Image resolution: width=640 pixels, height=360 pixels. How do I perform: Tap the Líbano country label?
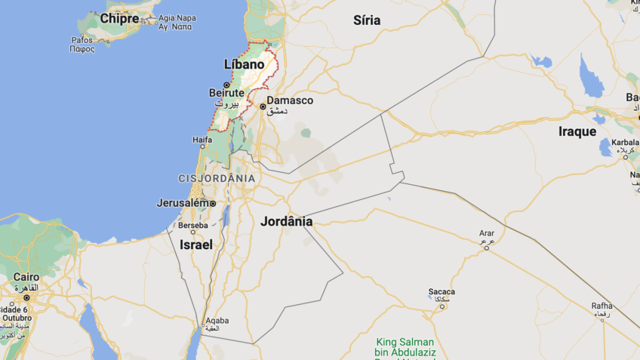[x=245, y=65]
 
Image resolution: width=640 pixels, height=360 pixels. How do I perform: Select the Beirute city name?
[x=226, y=93]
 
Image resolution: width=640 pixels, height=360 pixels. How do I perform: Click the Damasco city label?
[x=290, y=100]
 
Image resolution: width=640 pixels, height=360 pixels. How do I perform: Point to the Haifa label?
[x=202, y=140]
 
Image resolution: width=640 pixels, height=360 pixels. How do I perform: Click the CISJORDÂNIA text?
[x=217, y=178]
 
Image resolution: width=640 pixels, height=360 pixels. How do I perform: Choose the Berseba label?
[x=192, y=226]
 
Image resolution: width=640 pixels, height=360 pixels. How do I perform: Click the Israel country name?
[x=196, y=245]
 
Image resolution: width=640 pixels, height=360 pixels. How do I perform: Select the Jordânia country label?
[x=286, y=222]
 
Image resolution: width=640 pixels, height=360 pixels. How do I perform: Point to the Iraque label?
[x=577, y=131]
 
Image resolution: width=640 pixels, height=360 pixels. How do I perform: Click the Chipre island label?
[x=120, y=18]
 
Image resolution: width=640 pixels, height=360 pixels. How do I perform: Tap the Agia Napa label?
[x=177, y=17]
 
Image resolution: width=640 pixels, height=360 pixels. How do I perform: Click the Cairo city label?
[x=26, y=278]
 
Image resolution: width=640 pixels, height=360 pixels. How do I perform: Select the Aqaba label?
[x=217, y=320]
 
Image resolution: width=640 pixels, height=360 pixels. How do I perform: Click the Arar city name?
[x=487, y=233]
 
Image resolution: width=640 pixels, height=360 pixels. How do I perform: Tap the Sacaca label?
[x=442, y=291]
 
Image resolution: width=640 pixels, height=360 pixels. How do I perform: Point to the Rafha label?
[x=602, y=306]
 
